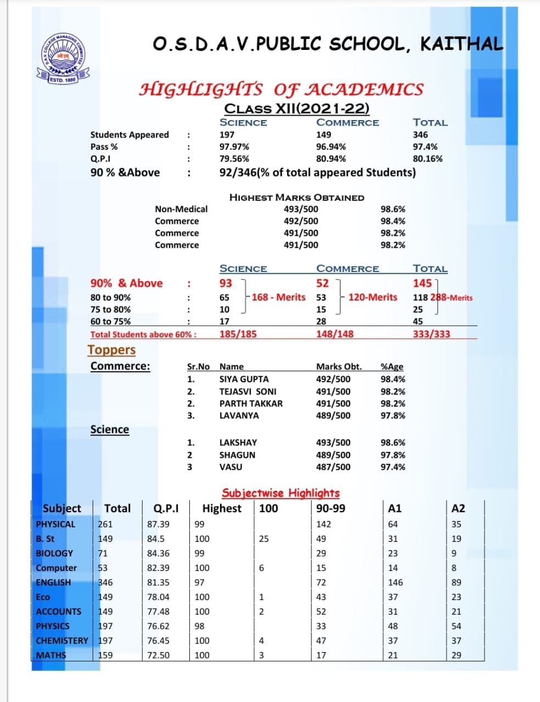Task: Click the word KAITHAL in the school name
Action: (x=462, y=44)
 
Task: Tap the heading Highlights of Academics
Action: (x=282, y=89)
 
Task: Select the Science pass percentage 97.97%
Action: (x=234, y=146)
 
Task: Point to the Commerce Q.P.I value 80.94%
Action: (x=331, y=158)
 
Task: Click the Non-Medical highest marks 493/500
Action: (x=301, y=209)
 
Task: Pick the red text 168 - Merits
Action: (x=278, y=297)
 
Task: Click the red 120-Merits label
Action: (x=373, y=297)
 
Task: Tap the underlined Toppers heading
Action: (x=111, y=350)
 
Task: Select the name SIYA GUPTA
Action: (x=244, y=379)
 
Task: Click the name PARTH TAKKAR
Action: (x=251, y=403)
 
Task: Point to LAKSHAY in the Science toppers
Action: (x=238, y=443)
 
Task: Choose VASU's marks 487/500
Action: (x=333, y=467)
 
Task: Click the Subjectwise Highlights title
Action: (x=280, y=493)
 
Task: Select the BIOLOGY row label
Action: (x=54, y=553)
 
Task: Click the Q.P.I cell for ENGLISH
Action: (x=158, y=582)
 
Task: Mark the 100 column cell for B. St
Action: (x=264, y=539)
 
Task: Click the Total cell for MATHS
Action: (x=105, y=655)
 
